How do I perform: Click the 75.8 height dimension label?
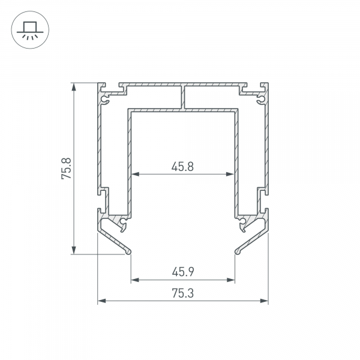pos(67,169)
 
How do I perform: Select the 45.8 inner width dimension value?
pos(182,167)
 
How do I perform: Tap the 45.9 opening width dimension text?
pos(183,272)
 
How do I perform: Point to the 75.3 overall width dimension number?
pos(183,293)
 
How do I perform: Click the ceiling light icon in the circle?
pos(30,31)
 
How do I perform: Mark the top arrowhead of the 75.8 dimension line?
pos(74,87)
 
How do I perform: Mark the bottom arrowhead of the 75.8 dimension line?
pos(74,250)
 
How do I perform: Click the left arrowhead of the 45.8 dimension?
pos(136,174)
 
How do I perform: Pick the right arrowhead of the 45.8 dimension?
pos(230,174)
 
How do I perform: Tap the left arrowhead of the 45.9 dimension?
pos(135,280)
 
